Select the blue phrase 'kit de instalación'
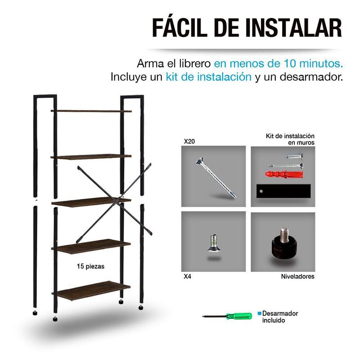[x=208, y=76]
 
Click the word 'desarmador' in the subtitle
[x=311, y=76]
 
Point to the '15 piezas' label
[x=90, y=266]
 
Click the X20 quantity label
[x=189, y=141]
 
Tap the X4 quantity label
[x=187, y=276]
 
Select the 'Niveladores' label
[x=297, y=276]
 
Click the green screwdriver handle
[x=239, y=316]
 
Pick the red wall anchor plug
[x=284, y=175]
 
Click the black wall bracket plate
[x=283, y=191]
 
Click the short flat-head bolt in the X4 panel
[x=214, y=243]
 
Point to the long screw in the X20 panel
[x=216, y=178]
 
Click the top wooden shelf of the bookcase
[x=91, y=111]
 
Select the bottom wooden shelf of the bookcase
[x=91, y=291]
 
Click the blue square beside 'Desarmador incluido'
[x=260, y=313]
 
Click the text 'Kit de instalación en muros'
[x=290, y=139]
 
